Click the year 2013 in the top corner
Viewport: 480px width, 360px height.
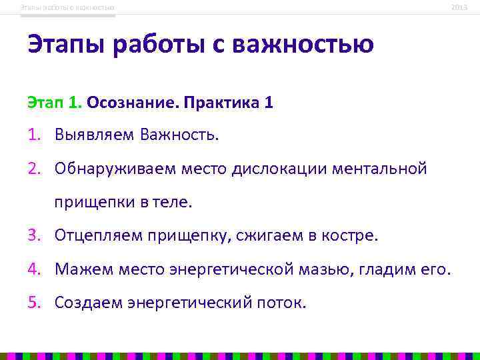pos(459,7)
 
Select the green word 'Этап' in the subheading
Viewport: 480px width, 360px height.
pos(44,103)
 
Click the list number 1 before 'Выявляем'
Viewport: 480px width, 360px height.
pos(33,135)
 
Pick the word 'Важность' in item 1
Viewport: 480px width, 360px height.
pos(179,135)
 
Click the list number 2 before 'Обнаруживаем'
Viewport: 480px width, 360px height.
pos(34,169)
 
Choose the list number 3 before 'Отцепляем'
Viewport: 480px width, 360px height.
pos(34,235)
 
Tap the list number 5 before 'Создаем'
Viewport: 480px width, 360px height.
pos(34,303)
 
